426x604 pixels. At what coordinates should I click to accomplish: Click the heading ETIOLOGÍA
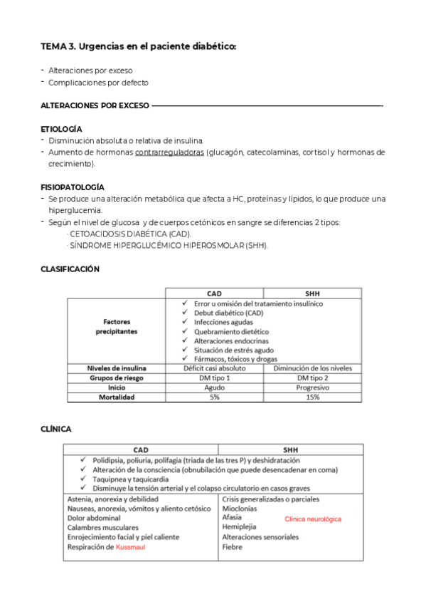click(61, 129)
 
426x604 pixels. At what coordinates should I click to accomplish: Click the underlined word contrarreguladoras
click(169, 152)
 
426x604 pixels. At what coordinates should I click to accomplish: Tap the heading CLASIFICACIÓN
click(70, 269)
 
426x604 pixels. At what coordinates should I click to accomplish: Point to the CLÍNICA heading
click(56, 429)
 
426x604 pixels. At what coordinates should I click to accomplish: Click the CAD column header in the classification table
click(214, 293)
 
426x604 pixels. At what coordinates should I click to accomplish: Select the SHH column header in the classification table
click(312, 293)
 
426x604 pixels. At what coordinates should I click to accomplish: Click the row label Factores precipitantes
click(116, 326)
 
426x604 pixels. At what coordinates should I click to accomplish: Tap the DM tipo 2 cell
click(312, 377)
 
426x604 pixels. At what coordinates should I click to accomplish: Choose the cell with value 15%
click(312, 397)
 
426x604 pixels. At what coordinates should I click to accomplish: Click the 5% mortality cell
click(214, 397)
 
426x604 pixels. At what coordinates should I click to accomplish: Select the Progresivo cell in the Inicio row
click(312, 387)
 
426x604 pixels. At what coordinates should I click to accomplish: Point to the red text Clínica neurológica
click(313, 519)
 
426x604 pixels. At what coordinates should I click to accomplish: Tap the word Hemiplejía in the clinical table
click(239, 527)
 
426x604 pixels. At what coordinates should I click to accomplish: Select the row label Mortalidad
click(116, 397)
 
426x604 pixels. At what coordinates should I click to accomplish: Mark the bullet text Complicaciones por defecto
click(98, 82)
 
